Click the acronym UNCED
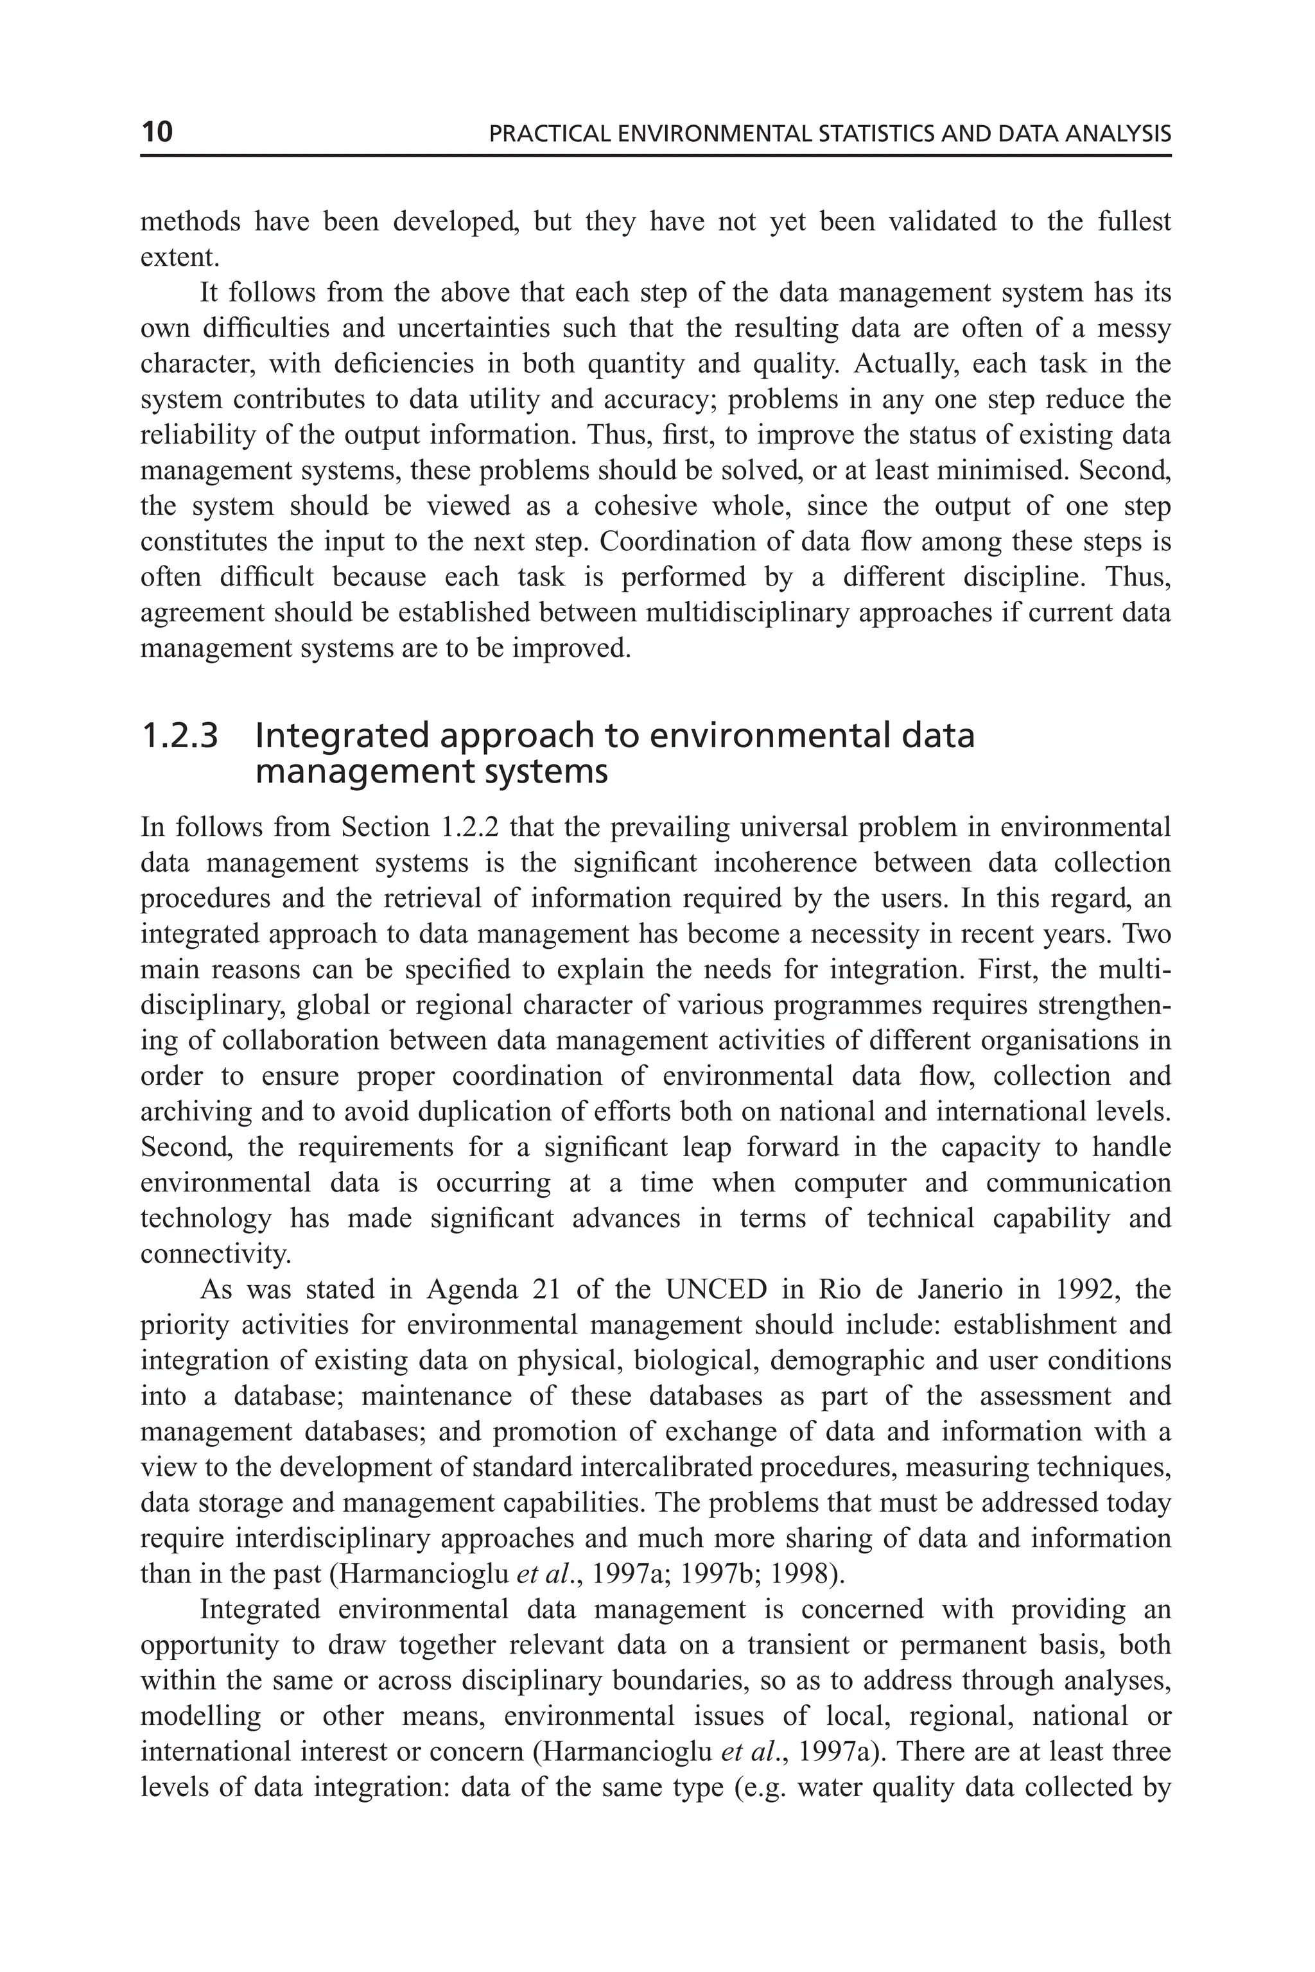click(716, 1290)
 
